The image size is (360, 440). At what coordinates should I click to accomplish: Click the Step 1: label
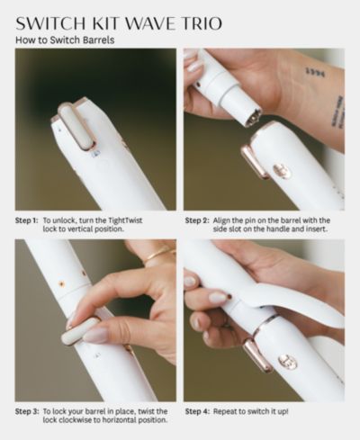(x=27, y=220)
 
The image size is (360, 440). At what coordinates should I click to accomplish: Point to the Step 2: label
(x=197, y=220)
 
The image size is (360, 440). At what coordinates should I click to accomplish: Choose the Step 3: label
(x=27, y=411)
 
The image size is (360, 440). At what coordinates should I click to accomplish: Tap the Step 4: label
(x=197, y=411)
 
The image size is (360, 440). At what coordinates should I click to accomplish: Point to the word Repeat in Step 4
(x=223, y=411)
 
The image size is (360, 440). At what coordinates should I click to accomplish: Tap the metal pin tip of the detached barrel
(x=253, y=117)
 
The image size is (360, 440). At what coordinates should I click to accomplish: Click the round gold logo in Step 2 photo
(x=283, y=171)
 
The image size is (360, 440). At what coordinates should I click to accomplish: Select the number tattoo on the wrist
(x=315, y=72)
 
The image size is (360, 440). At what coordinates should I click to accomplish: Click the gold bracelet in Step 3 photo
(x=158, y=254)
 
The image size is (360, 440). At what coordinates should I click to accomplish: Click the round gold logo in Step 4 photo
(x=288, y=361)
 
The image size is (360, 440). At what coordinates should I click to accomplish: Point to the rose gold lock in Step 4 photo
(x=257, y=355)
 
